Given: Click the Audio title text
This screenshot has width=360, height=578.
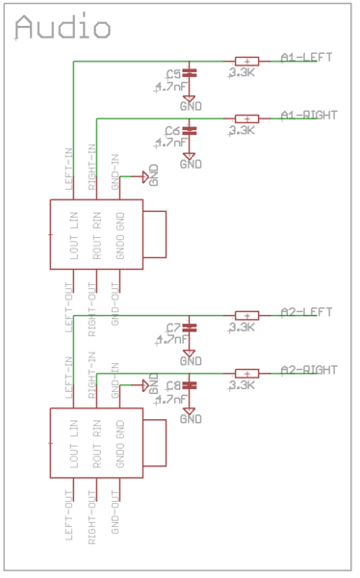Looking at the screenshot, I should click(63, 29).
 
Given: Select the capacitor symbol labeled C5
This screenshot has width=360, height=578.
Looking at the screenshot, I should click(190, 72).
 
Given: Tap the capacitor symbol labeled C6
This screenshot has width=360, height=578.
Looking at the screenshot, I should click(190, 129).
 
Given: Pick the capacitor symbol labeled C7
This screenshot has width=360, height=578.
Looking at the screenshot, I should click(190, 327).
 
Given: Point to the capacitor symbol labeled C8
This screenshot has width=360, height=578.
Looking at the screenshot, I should click(190, 384).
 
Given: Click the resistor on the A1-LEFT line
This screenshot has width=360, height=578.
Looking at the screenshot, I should click(246, 61).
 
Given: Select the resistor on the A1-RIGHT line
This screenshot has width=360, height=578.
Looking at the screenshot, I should click(246, 118).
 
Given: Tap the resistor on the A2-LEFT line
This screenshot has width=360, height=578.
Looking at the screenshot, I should click(246, 315).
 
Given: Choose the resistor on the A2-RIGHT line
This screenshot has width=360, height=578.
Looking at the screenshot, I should click(246, 373).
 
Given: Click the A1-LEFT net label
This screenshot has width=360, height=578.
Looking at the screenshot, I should click(306, 57).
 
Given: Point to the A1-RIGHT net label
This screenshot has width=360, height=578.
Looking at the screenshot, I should click(309, 115).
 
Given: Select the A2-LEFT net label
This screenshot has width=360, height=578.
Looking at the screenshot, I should click(306, 311).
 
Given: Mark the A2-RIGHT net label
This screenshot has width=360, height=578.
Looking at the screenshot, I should click(309, 369).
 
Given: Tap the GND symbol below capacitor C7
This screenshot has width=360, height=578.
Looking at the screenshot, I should click(191, 359).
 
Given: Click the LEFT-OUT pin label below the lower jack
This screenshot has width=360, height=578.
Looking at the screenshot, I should click(68, 514).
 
